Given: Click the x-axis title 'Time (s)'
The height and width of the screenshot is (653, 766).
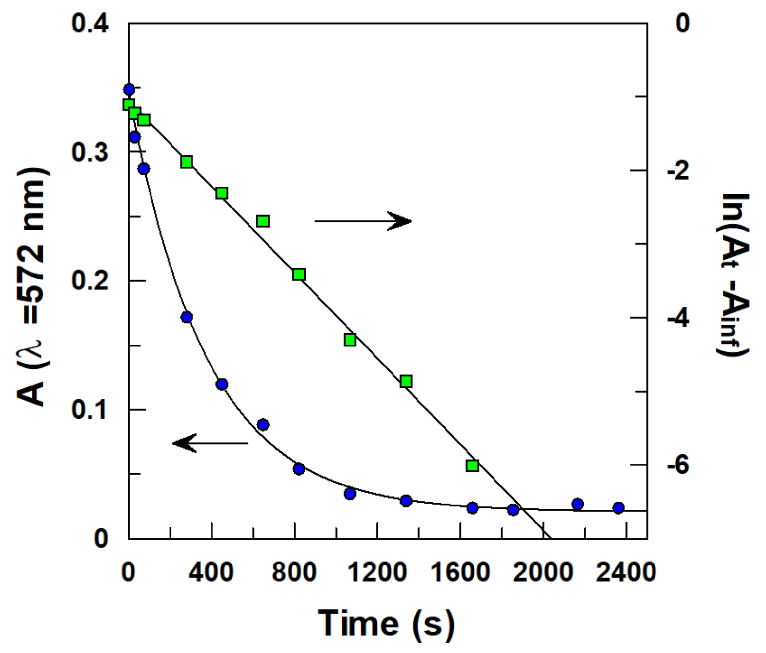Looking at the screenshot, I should [386, 624].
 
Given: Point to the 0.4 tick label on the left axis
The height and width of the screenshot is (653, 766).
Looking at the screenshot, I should [90, 24].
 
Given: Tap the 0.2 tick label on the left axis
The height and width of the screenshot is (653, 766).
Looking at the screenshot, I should [90, 281].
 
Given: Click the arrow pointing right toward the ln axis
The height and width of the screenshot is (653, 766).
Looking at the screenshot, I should [363, 221].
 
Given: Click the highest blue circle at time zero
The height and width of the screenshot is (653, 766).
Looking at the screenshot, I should [129, 89].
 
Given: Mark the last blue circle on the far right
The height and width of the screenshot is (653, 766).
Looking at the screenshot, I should [618, 508].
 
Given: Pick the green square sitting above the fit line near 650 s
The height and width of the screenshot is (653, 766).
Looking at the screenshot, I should [263, 221].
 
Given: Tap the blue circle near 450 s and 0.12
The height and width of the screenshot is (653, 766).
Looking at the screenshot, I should [221, 384].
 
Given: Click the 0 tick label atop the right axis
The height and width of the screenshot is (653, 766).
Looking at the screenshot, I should [682, 24].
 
